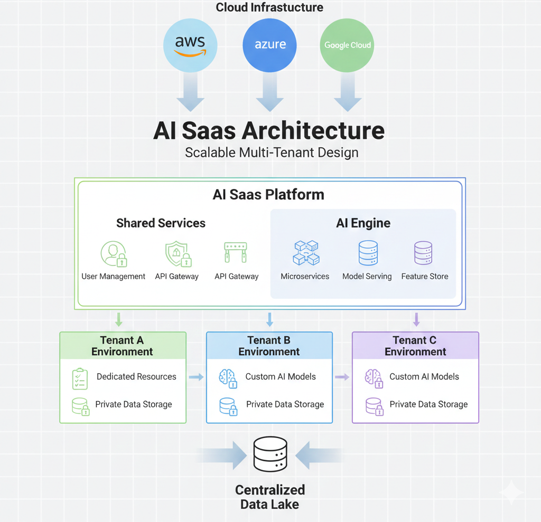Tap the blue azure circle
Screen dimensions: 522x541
pos(270,44)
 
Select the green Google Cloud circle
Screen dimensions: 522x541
pos(348,45)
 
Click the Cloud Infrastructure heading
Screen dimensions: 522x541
pos(269,7)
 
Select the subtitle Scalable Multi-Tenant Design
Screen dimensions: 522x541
pos(272,153)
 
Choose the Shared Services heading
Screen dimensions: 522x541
pos(161,223)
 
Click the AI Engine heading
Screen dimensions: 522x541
pos(363,223)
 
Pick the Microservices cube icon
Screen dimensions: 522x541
pos(305,253)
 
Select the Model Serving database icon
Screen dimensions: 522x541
pos(368,253)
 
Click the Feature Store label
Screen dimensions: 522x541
pos(424,277)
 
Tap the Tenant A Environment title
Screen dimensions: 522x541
pos(122,346)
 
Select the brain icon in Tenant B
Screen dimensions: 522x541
pos(228,378)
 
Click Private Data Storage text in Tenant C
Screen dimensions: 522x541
pos(428,404)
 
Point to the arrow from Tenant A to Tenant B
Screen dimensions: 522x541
pos(196,377)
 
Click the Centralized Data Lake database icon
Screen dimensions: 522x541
pos(270,454)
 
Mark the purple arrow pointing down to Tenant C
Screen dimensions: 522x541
pos(416,319)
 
